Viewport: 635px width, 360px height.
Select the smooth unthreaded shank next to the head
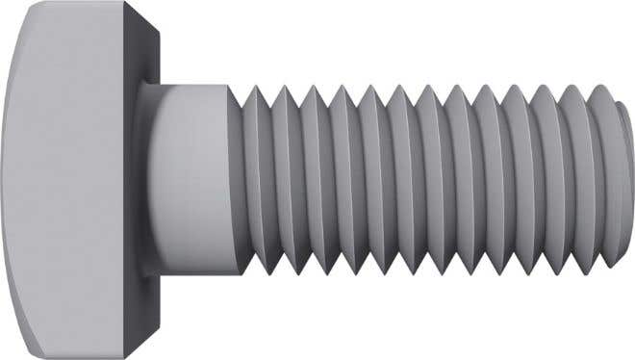tap(192, 180)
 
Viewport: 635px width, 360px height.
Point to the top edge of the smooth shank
tap(192, 85)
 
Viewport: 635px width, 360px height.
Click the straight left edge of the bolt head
tap(3, 180)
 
